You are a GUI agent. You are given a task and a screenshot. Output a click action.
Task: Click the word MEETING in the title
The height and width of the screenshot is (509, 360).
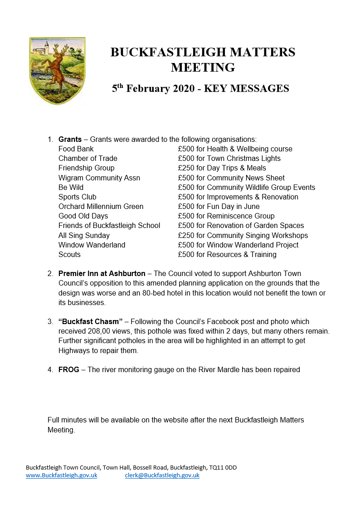point(203,68)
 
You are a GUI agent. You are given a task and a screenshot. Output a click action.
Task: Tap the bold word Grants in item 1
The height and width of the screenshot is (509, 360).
point(70,139)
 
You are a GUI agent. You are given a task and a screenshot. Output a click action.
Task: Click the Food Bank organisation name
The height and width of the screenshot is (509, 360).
point(76,149)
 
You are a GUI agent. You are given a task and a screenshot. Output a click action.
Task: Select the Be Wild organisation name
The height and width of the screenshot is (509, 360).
point(71,187)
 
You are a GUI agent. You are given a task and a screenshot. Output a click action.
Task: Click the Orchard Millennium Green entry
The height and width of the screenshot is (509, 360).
point(101,206)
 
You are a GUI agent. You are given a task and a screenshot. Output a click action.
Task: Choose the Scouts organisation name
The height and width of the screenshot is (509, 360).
point(69,254)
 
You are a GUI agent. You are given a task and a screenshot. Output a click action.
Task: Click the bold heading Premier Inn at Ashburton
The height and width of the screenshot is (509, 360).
point(102,274)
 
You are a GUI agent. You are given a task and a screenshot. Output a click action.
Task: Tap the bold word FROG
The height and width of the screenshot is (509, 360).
point(69,369)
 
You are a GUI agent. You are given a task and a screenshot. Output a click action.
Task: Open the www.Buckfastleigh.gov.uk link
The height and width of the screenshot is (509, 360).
point(61,475)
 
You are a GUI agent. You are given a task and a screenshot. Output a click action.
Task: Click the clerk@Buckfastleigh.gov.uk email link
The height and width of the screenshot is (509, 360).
point(162,475)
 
